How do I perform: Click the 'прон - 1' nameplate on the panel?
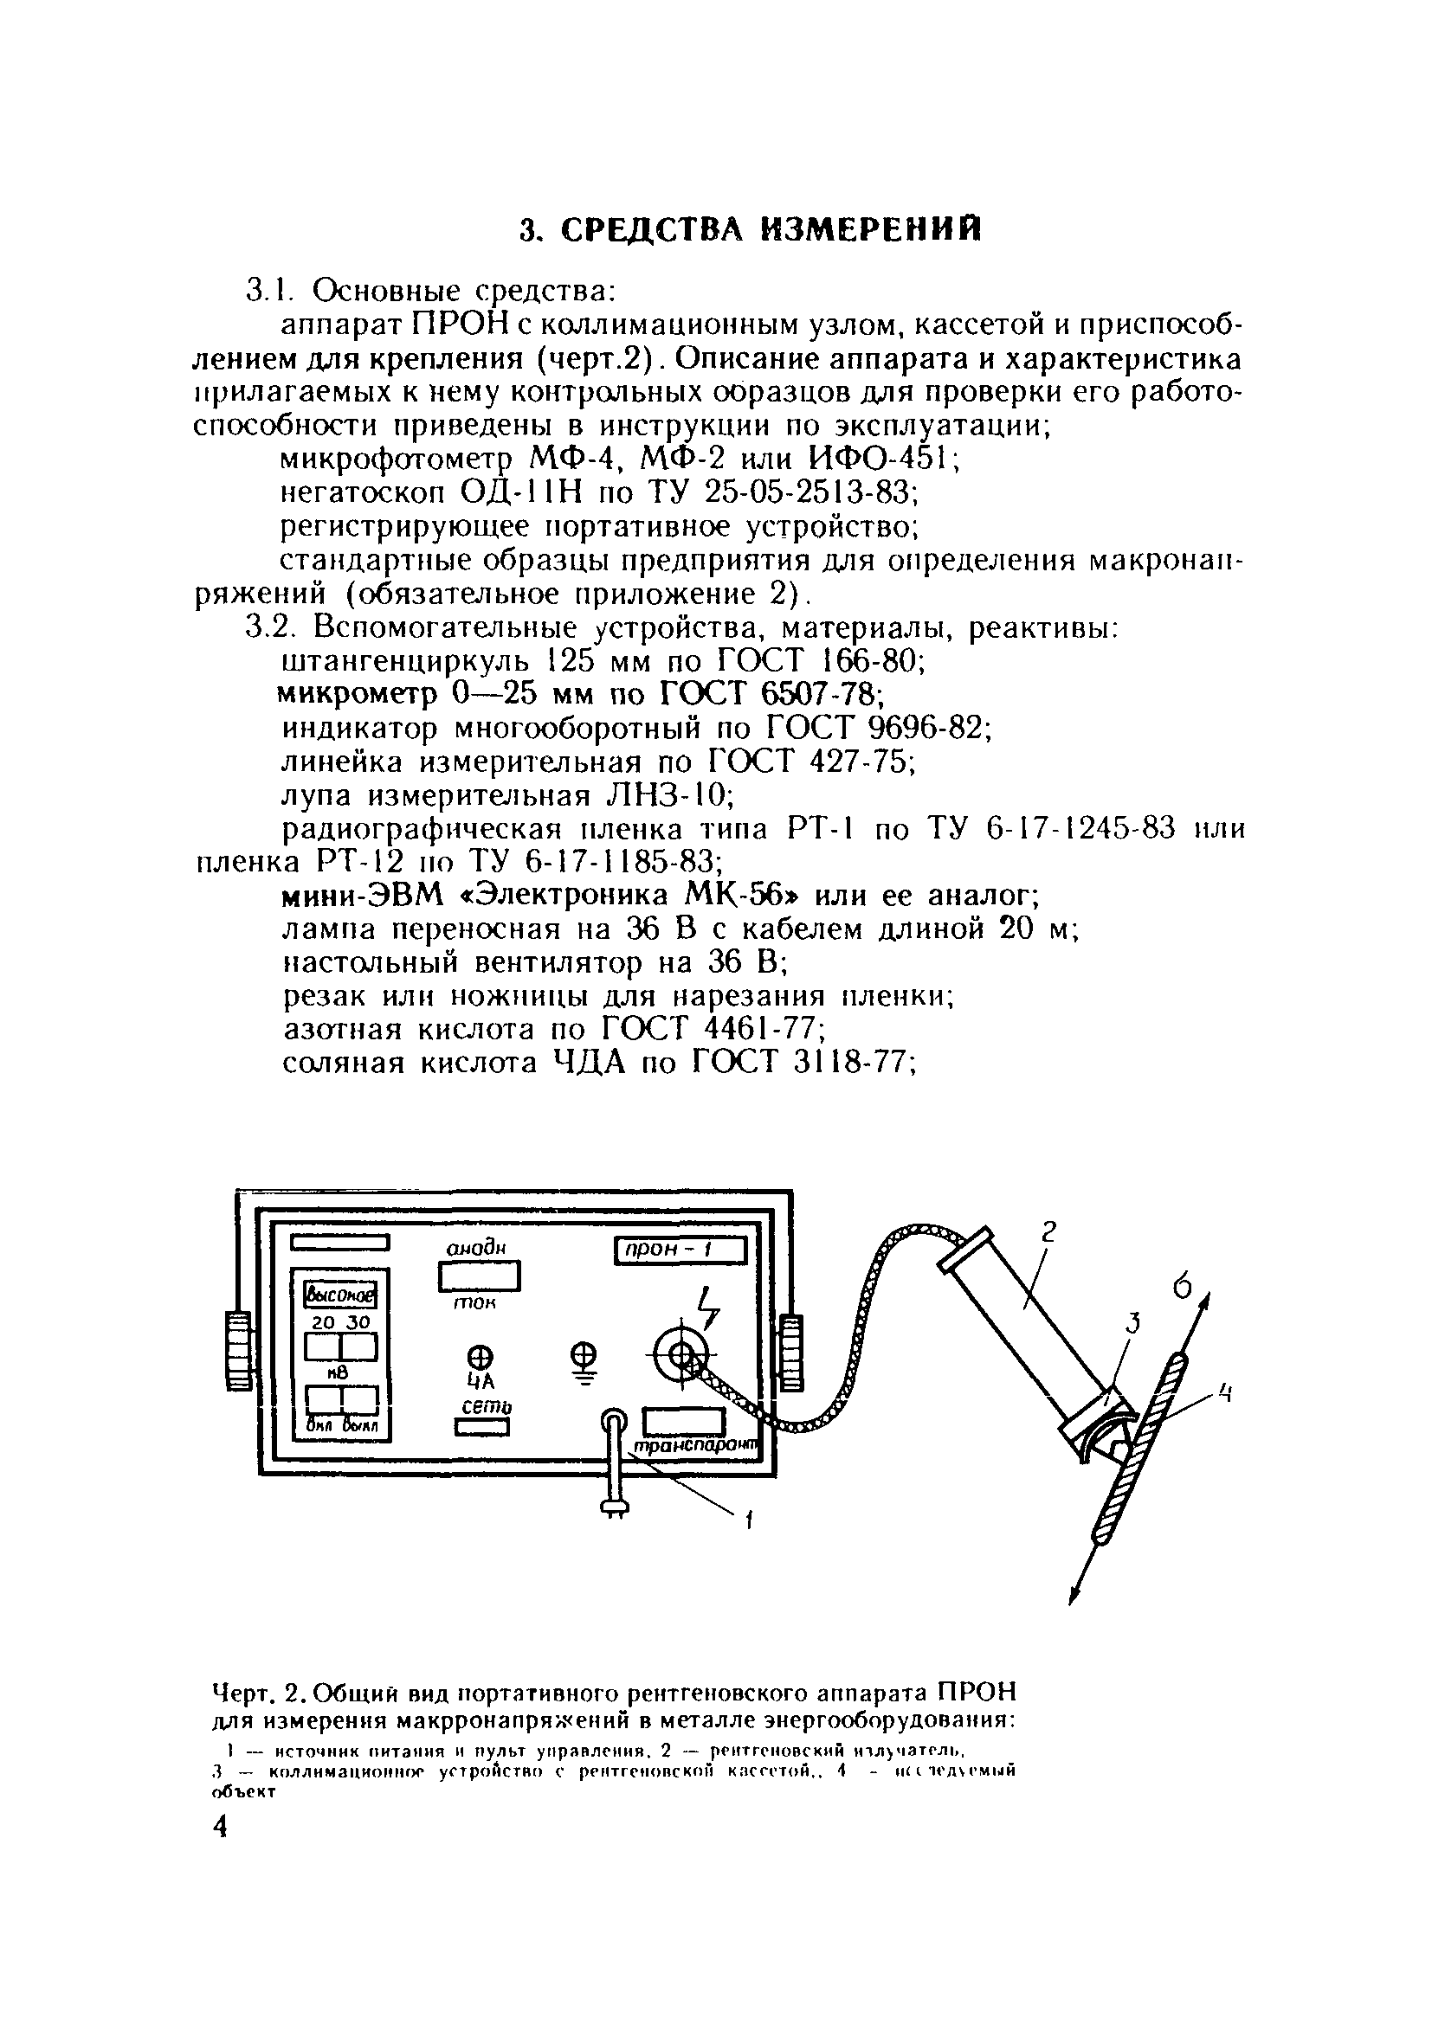click(681, 1250)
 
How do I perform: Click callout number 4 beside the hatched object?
click(1225, 1392)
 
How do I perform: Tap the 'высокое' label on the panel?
click(342, 1294)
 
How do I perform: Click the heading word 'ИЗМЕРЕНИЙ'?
click(873, 229)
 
